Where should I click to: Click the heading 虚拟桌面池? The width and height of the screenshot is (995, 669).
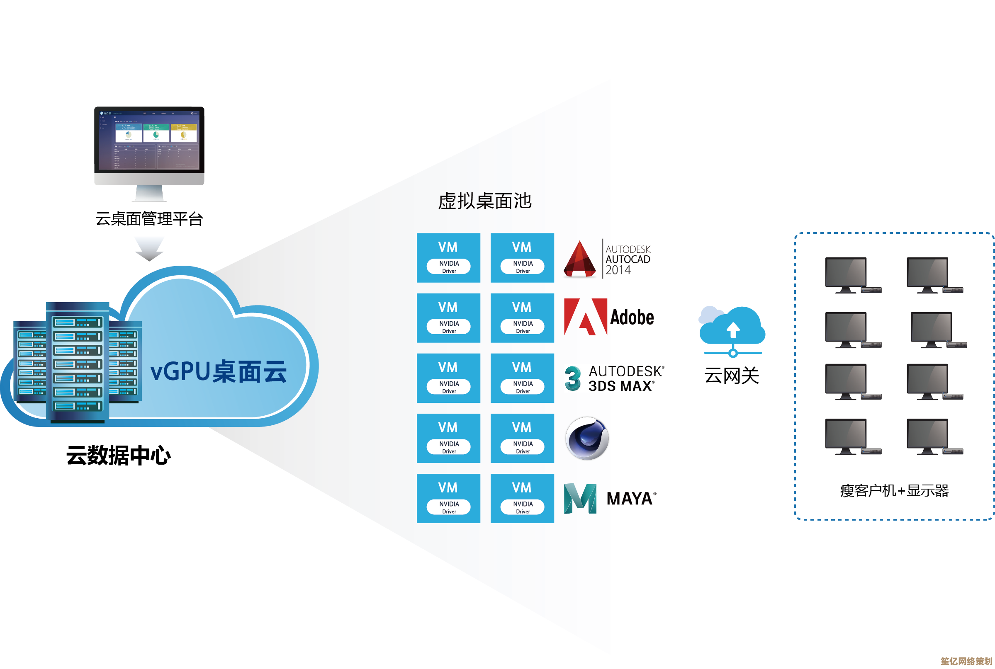click(x=484, y=201)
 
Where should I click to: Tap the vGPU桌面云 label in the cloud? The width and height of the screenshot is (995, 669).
click(x=218, y=371)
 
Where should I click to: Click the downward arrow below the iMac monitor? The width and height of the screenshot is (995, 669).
click(x=149, y=248)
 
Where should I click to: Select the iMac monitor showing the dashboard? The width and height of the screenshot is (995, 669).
click(x=149, y=145)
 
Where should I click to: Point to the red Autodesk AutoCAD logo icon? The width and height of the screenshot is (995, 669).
click(x=579, y=259)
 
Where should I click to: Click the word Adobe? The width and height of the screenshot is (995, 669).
click(x=632, y=317)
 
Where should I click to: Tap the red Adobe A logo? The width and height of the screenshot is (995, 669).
click(x=585, y=317)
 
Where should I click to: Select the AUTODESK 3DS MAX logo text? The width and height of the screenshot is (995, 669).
click(x=625, y=378)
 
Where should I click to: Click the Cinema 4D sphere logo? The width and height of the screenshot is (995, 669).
click(x=587, y=438)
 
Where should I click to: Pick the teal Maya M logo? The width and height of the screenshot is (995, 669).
click(x=580, y=498)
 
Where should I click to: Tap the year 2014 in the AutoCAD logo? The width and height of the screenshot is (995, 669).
click(x=618, y=271)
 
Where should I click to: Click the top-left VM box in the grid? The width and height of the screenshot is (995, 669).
click(x=448, y=258)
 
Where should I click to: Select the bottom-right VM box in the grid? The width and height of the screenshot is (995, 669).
click(x=522, y=498)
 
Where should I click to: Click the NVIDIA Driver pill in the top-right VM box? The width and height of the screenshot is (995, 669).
click(x=523, y=267)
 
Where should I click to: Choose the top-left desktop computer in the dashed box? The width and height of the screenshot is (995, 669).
click(x=849, y=275)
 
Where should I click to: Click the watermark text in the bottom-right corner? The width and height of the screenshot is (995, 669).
click(x=966, y=661)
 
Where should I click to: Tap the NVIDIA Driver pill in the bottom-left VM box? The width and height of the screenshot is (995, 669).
click(x=449, y=507)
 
